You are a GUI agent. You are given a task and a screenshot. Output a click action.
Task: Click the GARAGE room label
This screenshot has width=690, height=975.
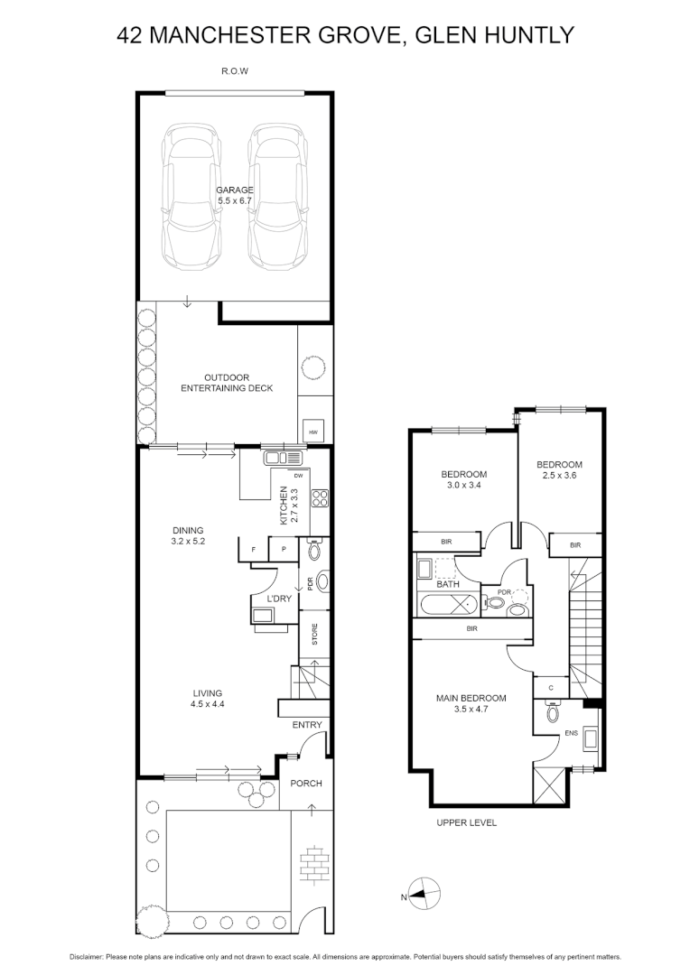[x=234, y=190]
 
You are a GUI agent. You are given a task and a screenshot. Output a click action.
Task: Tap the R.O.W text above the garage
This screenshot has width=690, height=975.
[x=235, y=70]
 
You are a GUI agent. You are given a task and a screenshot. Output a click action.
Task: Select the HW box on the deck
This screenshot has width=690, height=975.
[x=312, y=432]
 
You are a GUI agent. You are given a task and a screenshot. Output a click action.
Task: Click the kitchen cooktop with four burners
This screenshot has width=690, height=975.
[x=320, y=497]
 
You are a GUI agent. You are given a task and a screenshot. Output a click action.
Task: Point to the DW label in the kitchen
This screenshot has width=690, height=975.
[x=298, y=475]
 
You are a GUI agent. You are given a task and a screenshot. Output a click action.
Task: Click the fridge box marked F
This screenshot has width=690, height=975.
[x=254, y=550]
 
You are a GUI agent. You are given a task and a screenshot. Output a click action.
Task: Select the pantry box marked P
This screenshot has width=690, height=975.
[x=283, y=550]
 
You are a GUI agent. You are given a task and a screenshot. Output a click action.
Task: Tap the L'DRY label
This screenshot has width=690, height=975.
[x=277, y=599]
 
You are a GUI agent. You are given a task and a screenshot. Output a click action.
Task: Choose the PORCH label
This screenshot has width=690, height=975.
[x=305, y=784]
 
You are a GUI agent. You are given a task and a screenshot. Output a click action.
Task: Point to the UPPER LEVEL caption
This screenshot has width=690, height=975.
[x=466, y=822]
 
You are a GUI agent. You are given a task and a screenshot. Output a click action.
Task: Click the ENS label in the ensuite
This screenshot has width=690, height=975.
[x=570, y=733]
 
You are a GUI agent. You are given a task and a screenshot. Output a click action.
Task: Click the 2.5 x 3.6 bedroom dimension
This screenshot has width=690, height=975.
[x=558, y=475]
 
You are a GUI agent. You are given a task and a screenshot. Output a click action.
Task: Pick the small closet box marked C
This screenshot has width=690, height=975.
[x=550, y=688]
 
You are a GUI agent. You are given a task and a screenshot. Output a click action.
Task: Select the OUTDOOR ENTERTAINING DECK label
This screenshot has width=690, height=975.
[x=227, y=383]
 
